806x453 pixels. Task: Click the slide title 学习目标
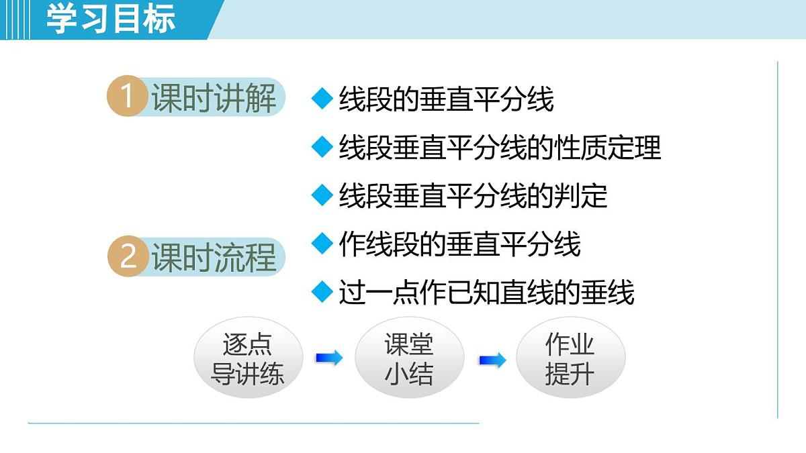(111, 19)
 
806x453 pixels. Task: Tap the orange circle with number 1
(127, 97)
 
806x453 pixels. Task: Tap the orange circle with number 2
(128, 258)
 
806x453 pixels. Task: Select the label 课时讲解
(214, 99)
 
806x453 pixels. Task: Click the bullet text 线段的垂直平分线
(446, 99)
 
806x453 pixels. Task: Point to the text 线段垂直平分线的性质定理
(500, 148)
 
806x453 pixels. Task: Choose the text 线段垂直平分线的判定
(473, 196)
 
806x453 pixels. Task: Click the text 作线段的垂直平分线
(459, 244)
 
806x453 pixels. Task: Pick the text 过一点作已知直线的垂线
(486, 293)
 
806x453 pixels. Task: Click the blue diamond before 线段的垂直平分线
(322, 99)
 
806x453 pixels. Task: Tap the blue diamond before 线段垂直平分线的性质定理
(322, 147)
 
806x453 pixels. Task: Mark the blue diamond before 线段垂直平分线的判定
(322, 195)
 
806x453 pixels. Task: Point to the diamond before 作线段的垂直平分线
(322, 243)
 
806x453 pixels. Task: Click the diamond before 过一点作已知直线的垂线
(322, 292)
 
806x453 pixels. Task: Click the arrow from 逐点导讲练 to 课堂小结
(328, 358)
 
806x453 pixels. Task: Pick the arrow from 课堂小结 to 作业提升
(492, 360)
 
